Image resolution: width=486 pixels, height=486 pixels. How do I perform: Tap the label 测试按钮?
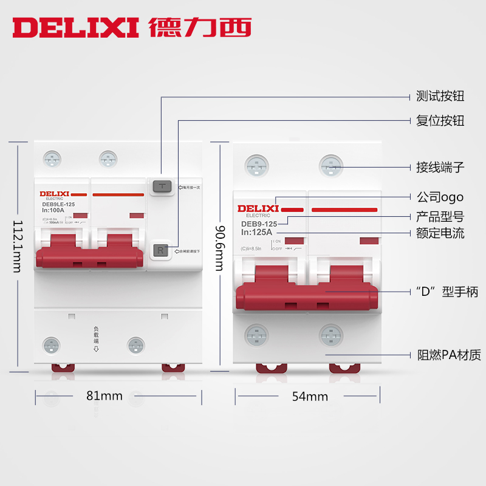click(x=440, y=97)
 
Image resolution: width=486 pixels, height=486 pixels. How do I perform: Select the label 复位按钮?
click(x=440, y=120)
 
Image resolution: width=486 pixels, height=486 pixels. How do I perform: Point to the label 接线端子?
click(x=440, y=166)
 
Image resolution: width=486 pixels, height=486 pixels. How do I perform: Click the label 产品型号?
click(x=440, y=216)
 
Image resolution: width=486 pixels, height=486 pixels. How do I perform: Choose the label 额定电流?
click(x=440, y=233)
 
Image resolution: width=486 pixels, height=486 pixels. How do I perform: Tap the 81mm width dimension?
click(x=104, y=396)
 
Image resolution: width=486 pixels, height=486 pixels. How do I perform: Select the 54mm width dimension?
click(x=310, y=397)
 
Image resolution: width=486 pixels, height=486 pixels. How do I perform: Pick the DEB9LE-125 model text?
click(x=59, y=204)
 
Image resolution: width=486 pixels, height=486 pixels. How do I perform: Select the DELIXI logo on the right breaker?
click(x=258, y=209)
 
